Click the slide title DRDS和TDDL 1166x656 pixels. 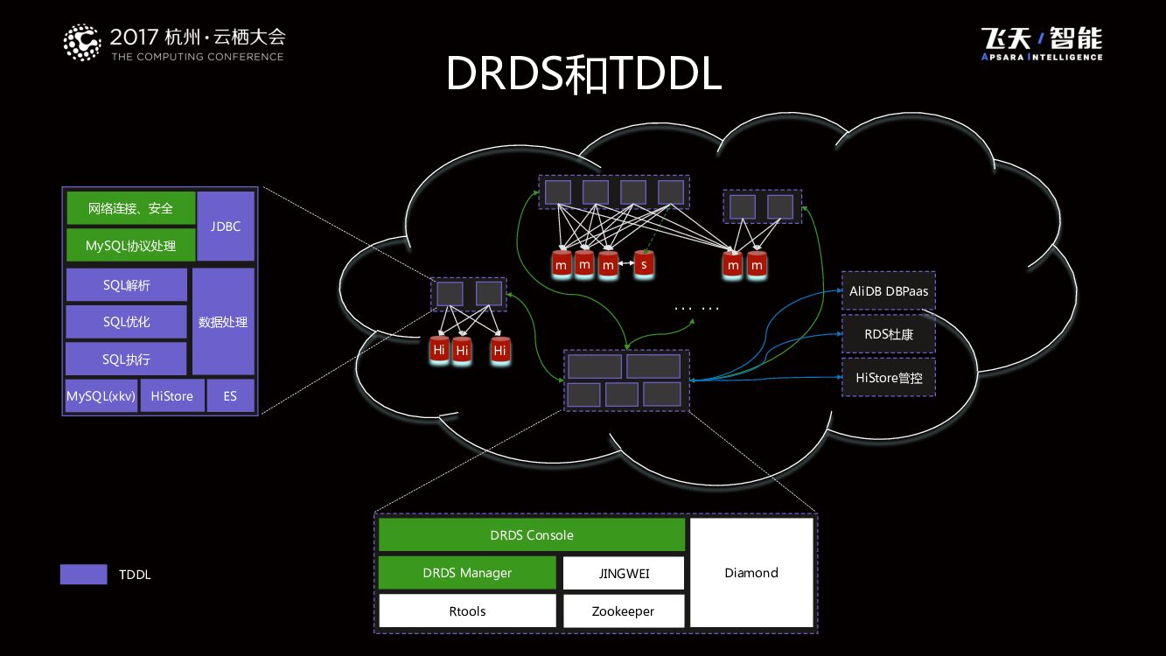point(583,74)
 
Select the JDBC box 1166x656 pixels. point(226,226)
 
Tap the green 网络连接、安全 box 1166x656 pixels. point(130,208)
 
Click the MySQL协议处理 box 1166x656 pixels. point(130,246)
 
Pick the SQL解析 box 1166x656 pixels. point(126,285)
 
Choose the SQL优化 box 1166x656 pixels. point(126,322)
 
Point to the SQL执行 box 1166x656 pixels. point(126,359)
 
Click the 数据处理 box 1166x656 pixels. point(223,322)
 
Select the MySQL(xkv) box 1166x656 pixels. point(101,396)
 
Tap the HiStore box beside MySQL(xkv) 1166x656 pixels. point(171,396)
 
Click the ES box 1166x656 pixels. point(230,396)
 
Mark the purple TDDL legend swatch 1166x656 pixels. point(83,575)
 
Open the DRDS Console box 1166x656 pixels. point(531,534)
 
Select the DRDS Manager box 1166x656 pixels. point(467,573)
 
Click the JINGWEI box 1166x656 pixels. point(623,574)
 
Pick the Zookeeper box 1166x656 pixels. point(623,611)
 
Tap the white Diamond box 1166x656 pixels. point(751,573)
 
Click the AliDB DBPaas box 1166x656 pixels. point(889,290)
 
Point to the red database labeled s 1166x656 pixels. point(645,263)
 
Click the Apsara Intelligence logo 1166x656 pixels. point(1042,44)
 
